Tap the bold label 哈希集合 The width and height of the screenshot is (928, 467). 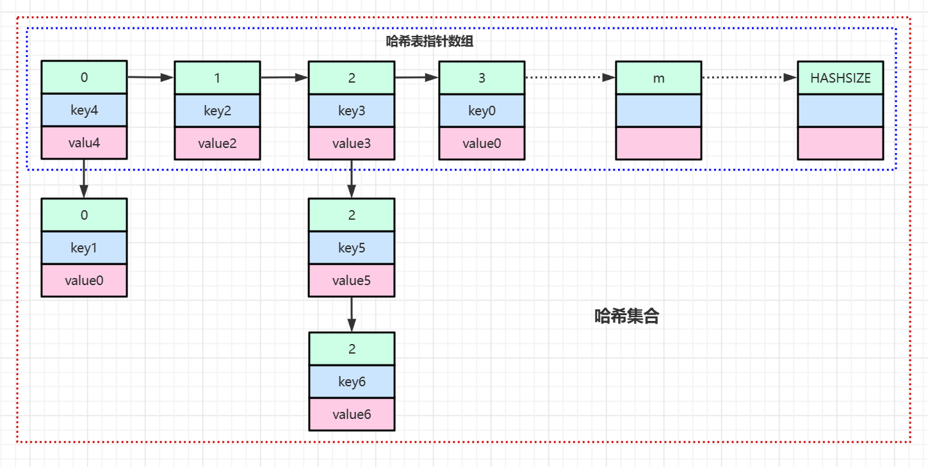click(x=626, y=316)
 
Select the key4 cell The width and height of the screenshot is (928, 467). click(x=84, y=110)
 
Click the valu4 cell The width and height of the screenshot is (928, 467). click(x=84, y=143)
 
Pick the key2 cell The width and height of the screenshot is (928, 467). click(x=217, y=110)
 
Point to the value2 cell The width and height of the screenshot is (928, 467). click(x=217, y=143)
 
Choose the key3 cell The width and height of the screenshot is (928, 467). click(x=352, y=110)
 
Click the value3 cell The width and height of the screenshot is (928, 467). click(x=352, y=143)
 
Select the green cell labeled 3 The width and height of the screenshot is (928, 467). click(x=482, y=78)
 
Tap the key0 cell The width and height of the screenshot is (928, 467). click(x=482, y=110)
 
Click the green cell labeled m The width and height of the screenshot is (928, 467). click(x=658, y=78)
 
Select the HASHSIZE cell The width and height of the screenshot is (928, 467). click(x=840, y=78)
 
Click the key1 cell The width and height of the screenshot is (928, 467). click(x=84, y=248)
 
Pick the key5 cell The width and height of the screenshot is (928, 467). click(x=352, y=248)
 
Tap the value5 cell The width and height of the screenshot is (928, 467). click(x=352, y=281)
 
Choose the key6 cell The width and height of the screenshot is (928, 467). click(x=352, y=382)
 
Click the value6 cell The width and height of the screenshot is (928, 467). click(x=352, y=414)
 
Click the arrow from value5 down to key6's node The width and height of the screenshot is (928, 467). click(x=352, y=314)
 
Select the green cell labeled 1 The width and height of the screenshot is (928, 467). click(x=217, y=78)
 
